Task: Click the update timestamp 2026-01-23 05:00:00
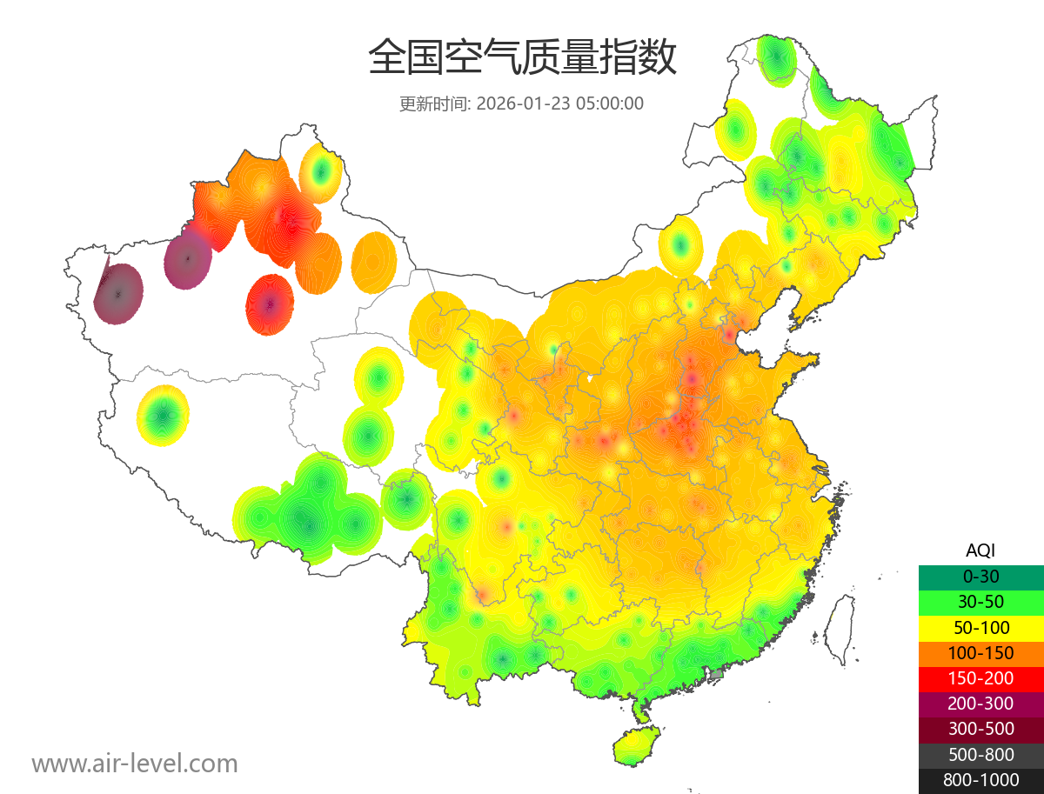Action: (x=560, y=103)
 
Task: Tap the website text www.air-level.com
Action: (x=135, y=764)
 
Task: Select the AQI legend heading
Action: (x=980, y=550)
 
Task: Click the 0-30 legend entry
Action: (x=980, y=576)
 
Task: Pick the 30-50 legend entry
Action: (x=980, y=601)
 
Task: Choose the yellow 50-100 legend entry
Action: (x=980, y=627)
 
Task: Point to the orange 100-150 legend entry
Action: (x=980, y=652)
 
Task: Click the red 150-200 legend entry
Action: (x=980, y=677)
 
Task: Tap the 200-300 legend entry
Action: (x=980, y=704)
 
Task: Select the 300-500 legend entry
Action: (x=980, y=729)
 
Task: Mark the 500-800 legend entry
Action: (x=980, y=755)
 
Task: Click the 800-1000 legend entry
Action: (x=980, y=780)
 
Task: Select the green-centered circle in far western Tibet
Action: (x=163, y=417)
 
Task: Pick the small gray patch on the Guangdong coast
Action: (x=717, y=673)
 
